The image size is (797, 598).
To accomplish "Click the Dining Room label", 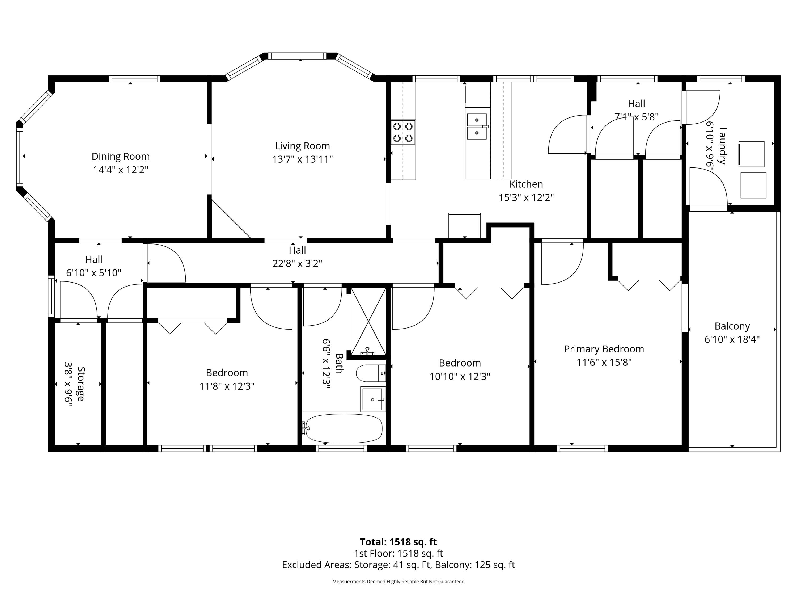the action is (x=120, y=157).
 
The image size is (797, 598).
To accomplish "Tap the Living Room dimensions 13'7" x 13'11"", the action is (x=302, y=159).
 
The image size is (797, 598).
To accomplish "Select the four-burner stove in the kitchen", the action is (x=403, y=132).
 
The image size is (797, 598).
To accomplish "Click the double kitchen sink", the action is (x=477, y=126).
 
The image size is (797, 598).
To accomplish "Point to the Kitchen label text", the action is (x=526, y=184).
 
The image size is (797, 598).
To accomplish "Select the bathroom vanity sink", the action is (x=372, y=399).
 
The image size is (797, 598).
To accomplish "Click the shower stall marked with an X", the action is (x=368, y=321).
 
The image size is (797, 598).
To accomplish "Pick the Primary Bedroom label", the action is (x=604, y=349).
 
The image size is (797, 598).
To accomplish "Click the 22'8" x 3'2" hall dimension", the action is (x=297, y=263).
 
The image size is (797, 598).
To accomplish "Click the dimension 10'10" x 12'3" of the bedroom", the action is (x=460, y=377).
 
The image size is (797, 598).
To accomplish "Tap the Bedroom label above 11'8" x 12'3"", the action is (x=227, y=373).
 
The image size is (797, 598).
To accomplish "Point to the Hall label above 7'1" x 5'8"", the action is (x=636, y=104).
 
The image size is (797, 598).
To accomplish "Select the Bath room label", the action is (x=339, y=363).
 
